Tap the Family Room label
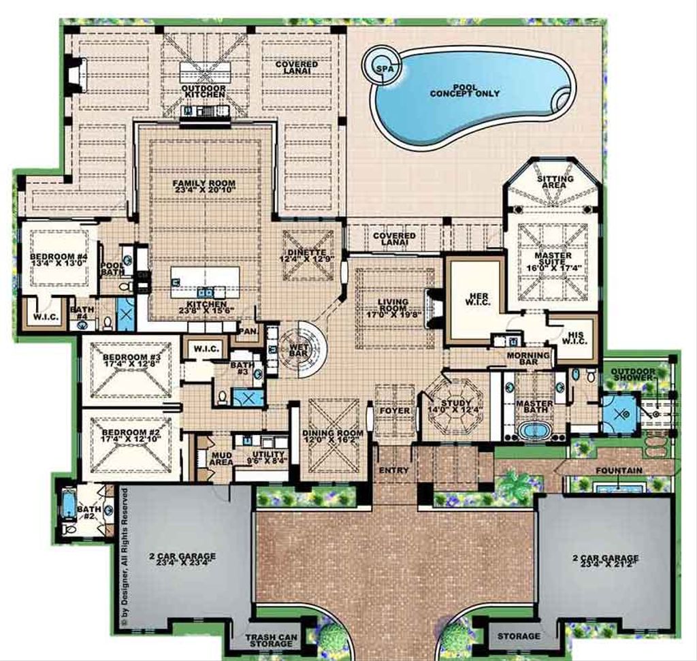(204, 184)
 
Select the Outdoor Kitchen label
(202, 91)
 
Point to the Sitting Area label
(555, 182)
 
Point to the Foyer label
(395, 410)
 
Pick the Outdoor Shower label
(632, 376)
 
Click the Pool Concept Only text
(465, 90)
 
